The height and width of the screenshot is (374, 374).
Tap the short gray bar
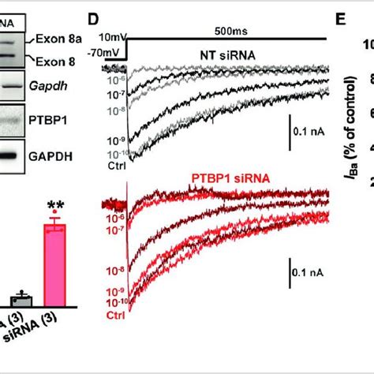tap(21, 300)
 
